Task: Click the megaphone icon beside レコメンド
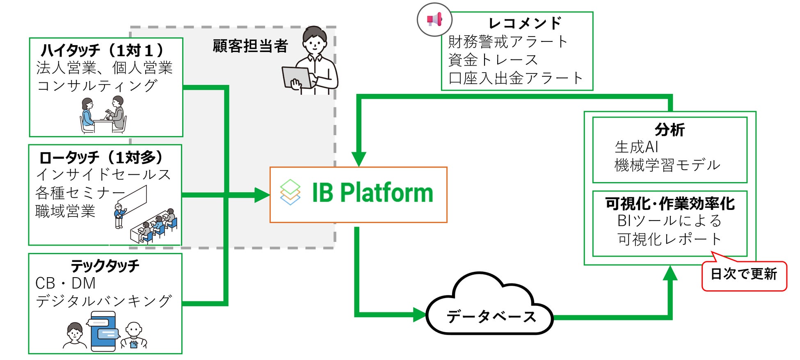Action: click(x=434, y=19)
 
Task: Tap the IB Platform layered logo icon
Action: click(x=290, y=192)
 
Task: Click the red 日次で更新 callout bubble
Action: click(x=744, y=274)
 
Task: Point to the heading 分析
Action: click(x=670, y=130)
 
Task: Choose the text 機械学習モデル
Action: click(x=667, y=165)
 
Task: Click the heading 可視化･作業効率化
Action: click(x=670, y=203)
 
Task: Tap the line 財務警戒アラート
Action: click(x=508, y=41)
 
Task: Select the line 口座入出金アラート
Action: click(x=515, y=78)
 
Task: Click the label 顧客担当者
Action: click(x=250, y=46)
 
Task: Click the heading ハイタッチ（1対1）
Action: click(x=103, y=50)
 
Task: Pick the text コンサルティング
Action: click(x=97, y=85)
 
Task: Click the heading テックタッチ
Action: click(x=105, y=266)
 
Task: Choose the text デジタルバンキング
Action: click(x=103, y=301)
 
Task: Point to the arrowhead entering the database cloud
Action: click(x=419, y=314)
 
